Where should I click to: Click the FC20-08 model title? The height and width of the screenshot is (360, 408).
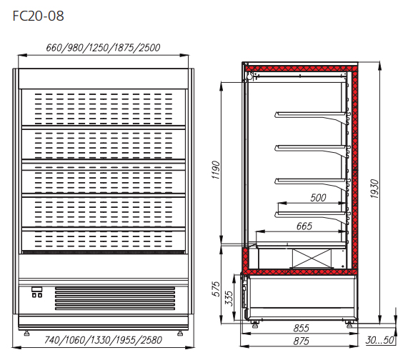tap(39, 16)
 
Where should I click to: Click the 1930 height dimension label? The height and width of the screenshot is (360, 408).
tap(374, 189)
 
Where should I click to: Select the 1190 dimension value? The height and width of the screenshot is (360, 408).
tap(216, 170)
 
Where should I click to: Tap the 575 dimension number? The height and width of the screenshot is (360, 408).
tap(216, 289)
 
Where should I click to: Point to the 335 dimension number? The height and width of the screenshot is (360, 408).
tap(228, 299)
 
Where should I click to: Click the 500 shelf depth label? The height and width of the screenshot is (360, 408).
tap(318, 198)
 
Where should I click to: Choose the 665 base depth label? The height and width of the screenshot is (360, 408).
tap(304, 226)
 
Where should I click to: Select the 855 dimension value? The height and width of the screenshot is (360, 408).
tap(301, 328)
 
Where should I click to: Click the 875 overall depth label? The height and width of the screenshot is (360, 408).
tap(301, 341)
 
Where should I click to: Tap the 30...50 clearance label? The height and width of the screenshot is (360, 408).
tap(380, 340)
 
